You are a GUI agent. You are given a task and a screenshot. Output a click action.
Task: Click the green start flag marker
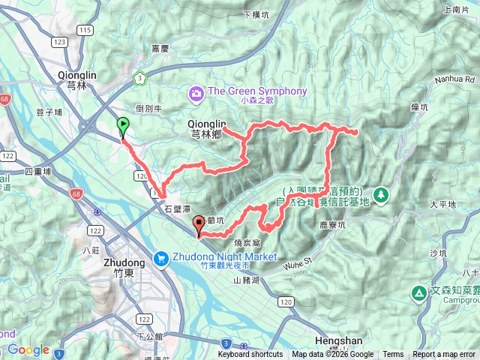click(122, 126)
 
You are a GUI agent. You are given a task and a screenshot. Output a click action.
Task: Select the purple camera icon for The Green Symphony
click(196, 93)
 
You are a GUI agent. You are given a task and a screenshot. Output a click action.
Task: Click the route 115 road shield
click(85, 30)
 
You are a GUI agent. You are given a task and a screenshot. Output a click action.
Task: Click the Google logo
click(28, 349)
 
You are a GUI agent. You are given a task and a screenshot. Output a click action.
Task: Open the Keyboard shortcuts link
click(250, 355)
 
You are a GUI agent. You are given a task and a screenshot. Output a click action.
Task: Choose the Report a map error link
click(445, 355)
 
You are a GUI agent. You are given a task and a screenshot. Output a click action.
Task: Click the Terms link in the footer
click(393, 355)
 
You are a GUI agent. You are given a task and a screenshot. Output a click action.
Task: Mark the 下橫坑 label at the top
click(257, 15)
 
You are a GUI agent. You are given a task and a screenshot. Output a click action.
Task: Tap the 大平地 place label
click(442, 204)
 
